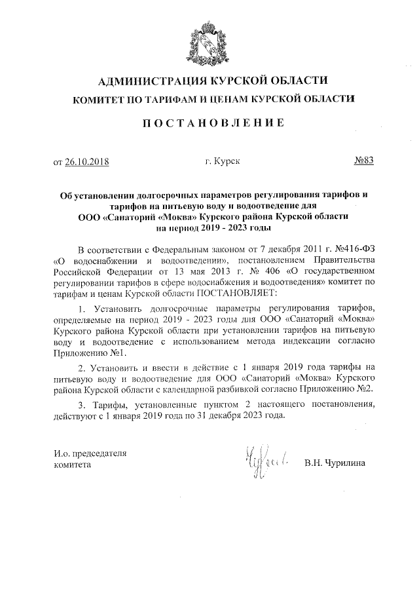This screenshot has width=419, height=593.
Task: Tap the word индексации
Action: [x=312, y=341]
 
